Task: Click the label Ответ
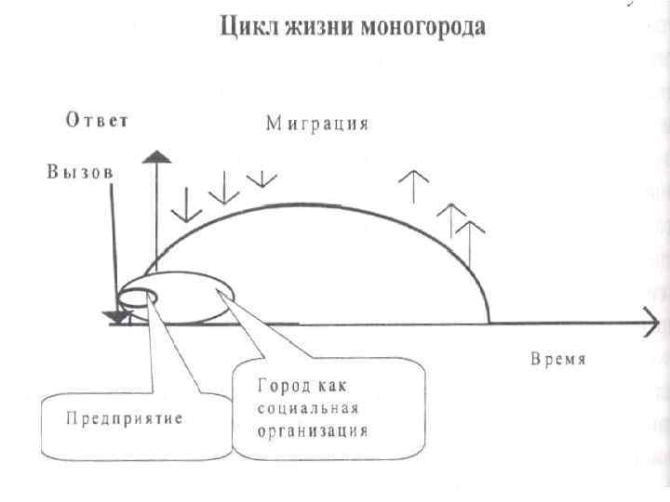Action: pyautogui.click(x=96, y=120)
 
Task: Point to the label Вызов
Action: pyautogui.click(x=79, y=173)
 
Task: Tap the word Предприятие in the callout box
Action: pyautogui.click(x=124, y=419)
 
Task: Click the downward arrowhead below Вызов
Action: pyautogui.click(x=118, y=319)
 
